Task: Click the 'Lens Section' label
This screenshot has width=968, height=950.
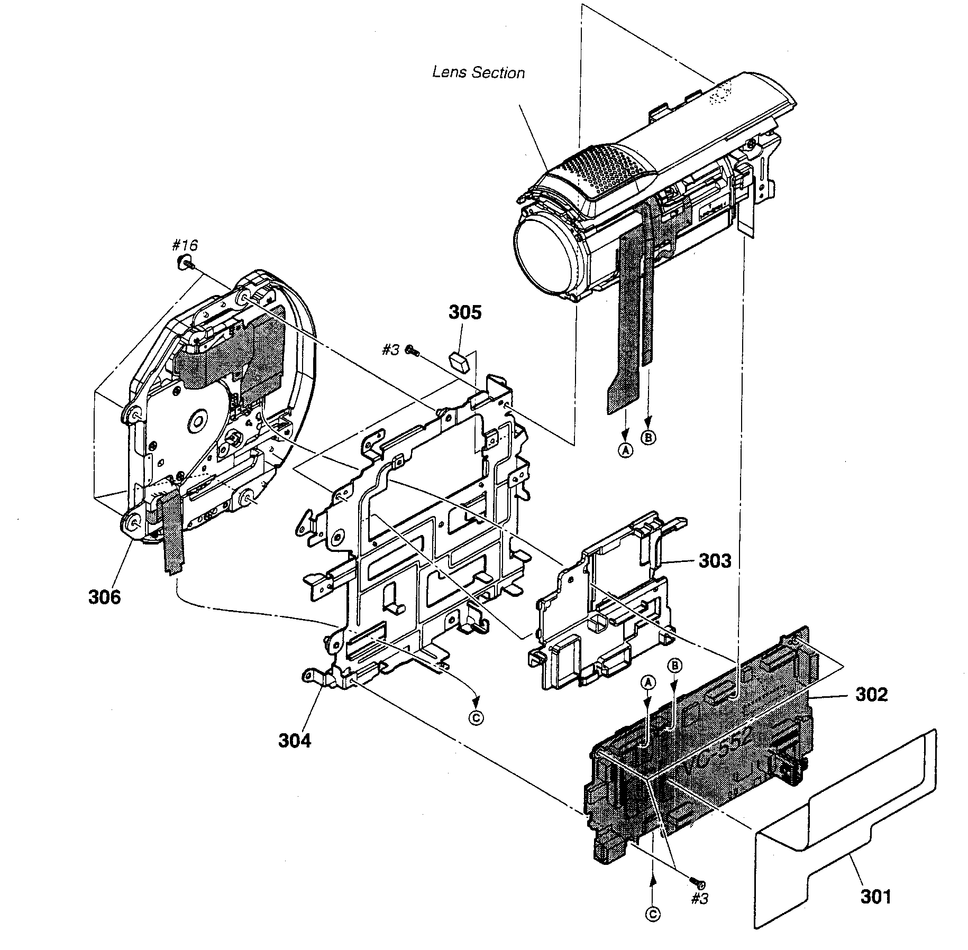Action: [x=478, y=72]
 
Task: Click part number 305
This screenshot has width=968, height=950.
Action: [x=465, y=312]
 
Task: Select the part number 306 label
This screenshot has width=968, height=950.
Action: [x=104, y=597]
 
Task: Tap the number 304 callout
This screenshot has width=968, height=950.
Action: [x=295, y=741]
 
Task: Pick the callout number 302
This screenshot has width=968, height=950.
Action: [x=871, y=694]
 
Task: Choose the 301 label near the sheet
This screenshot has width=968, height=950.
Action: [x=875, y=897]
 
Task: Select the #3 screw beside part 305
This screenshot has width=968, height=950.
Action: [x=412, y=349]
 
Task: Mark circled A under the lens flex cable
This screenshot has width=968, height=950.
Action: [x=626, y=450]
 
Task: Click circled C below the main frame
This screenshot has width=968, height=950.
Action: [x=477, y=718]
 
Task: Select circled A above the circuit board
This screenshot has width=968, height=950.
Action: [x=649, y=682]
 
